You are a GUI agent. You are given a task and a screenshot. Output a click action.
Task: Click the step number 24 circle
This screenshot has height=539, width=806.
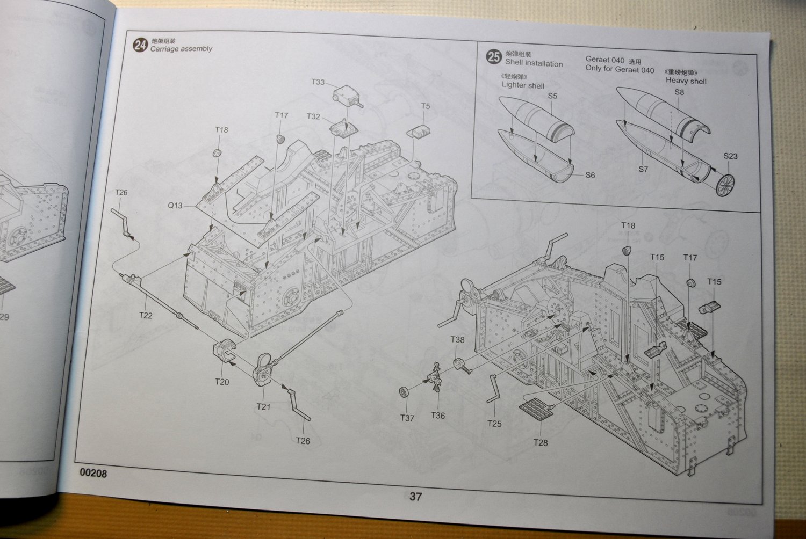coord(140,45)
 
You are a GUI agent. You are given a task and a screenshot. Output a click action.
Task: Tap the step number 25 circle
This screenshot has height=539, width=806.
coord(494,57)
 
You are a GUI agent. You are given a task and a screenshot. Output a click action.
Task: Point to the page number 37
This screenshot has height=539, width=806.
coord(415,497)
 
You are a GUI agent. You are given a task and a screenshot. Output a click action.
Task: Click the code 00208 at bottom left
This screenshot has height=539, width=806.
coord(93,474)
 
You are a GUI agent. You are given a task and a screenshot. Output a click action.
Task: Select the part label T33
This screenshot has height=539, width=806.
coord(318,82)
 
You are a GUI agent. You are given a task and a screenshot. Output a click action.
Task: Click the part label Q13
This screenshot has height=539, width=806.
coord(175,206)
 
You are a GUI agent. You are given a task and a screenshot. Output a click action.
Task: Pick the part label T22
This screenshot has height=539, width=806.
coord(146,315)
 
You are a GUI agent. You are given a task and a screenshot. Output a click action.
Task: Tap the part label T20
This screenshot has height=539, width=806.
coord(222,382)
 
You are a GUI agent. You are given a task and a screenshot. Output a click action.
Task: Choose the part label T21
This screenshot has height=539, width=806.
coord(263,406)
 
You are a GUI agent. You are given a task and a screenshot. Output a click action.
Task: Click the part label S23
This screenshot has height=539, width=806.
coord(730,156)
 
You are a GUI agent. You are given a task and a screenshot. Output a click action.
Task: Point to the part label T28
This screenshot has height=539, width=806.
coord(541,442)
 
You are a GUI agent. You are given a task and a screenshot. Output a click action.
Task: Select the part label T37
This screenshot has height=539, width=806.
coord(407,417)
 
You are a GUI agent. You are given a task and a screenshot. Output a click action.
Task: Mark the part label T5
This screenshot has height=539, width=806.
coord(426,106)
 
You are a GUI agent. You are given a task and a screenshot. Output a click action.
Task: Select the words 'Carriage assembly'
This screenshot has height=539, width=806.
coord(181,49)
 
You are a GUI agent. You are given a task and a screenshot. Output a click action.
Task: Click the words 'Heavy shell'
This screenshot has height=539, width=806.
coord(686,81)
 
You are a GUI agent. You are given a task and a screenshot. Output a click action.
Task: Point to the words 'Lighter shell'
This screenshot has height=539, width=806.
coord(523,85)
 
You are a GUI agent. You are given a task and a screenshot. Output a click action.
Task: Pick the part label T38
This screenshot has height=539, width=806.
coord(457,340)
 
